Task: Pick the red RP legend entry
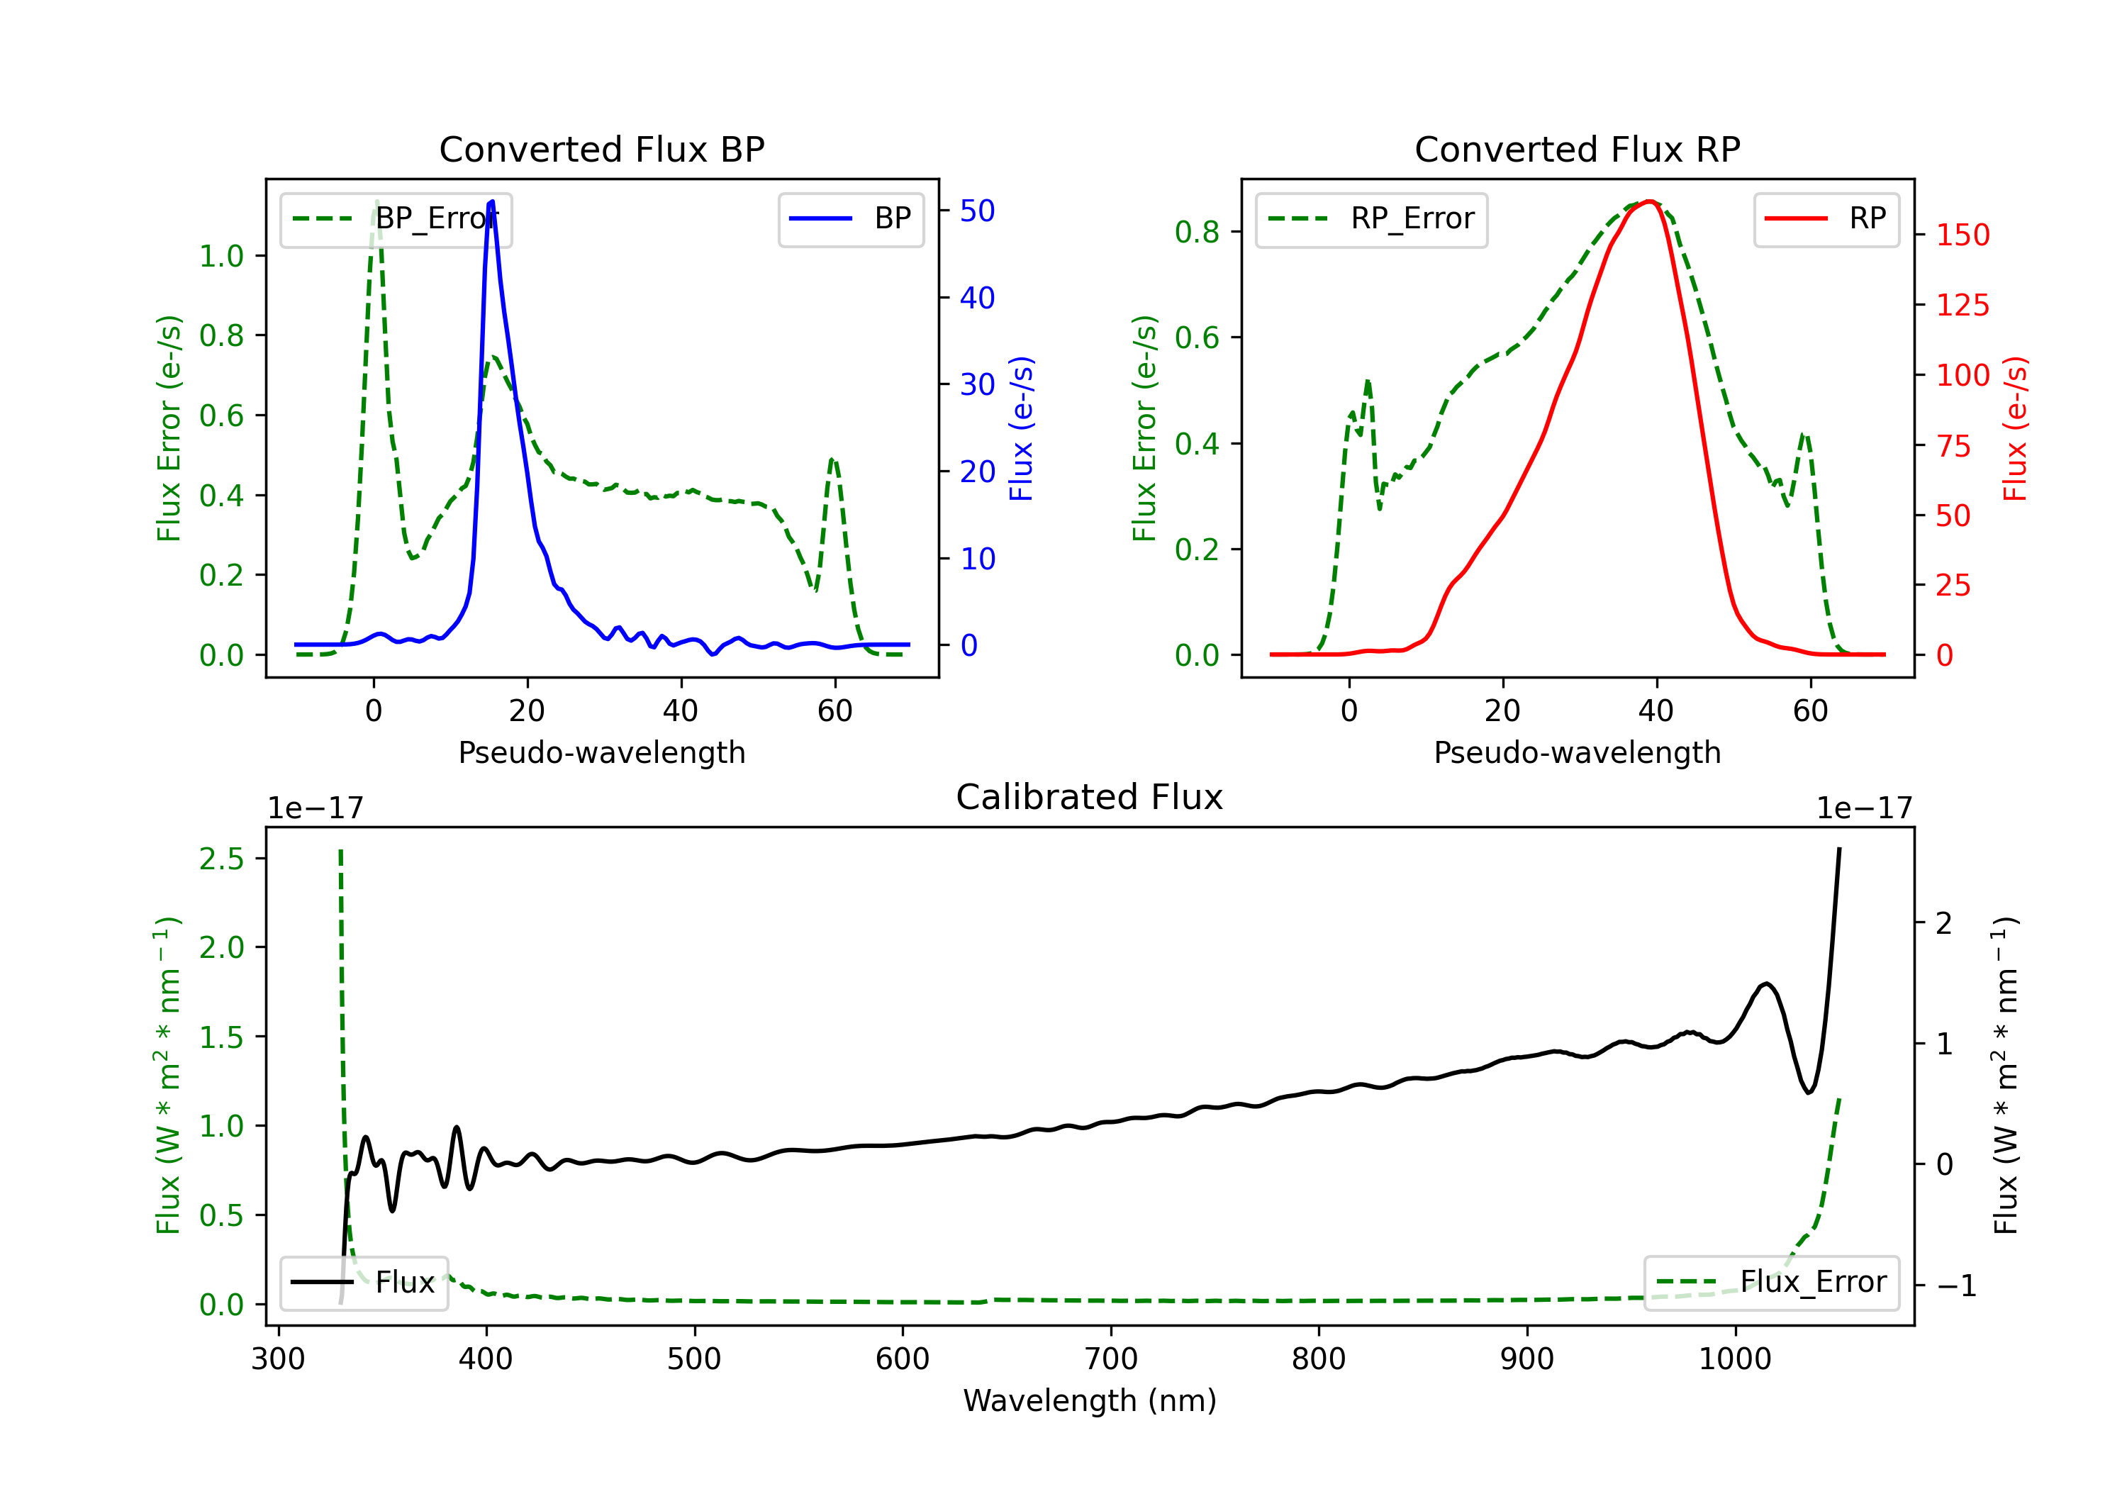pyautogui.click(x=1826, y=218)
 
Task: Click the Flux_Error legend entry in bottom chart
pyautogui.click(x=1771, y=1283)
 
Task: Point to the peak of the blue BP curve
pyautogui.click(x=491, y=201)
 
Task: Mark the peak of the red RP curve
pyautogui.click(x=1650, y=201)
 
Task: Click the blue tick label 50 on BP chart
pyautogui.click(x=976, y=211)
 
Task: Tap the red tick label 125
pyautogui.click(x=1962, y=306)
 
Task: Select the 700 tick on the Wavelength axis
pyautogui.click(x=1111, y=1359)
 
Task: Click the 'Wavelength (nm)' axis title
pyautogui.click(x=1090, y=1401)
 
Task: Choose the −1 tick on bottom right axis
pyautogui.click(x=1955, y=1286)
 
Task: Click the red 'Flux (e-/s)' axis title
pyautogui.click(x=2016, y=428)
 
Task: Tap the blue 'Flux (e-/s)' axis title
pyautogui.click(x=1021, y=428)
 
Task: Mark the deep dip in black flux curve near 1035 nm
pyautogui.click(x=1809, y=1093)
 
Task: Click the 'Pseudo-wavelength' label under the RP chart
pyautogui.click(x=1577, y=753)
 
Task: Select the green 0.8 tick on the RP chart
pyautogui.click(x=1197, y=232)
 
